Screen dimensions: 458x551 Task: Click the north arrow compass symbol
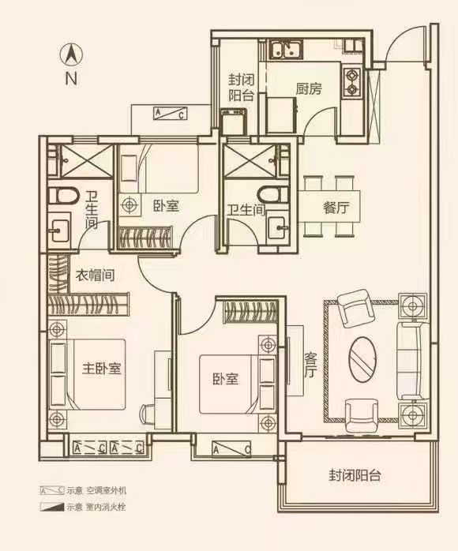click(71, 55)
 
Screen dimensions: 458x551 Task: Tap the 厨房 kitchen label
click(309, 89)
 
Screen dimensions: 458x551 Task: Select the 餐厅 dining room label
click(336, 208)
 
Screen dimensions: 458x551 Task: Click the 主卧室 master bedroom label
click(102, 369)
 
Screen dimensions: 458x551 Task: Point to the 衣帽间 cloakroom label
click(96, 275)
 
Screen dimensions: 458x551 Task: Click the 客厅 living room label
click(310, 365)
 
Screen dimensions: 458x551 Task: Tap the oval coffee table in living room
click(362, 360)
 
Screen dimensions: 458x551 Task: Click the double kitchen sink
click(286, 49)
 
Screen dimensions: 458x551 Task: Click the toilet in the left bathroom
click(63, 196)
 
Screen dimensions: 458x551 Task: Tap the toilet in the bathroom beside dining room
click(272, 194)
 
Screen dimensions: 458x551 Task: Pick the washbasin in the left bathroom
click(59, 231)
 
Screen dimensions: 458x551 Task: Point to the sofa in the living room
click(413, 361)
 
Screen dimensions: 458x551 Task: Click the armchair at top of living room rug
click(355, 308)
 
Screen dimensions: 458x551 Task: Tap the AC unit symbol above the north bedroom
click(170, 114)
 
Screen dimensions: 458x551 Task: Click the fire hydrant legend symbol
click(52, 507)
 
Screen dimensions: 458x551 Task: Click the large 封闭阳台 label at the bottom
click(355, 476)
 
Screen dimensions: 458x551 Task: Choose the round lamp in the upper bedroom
click(130, 204)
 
